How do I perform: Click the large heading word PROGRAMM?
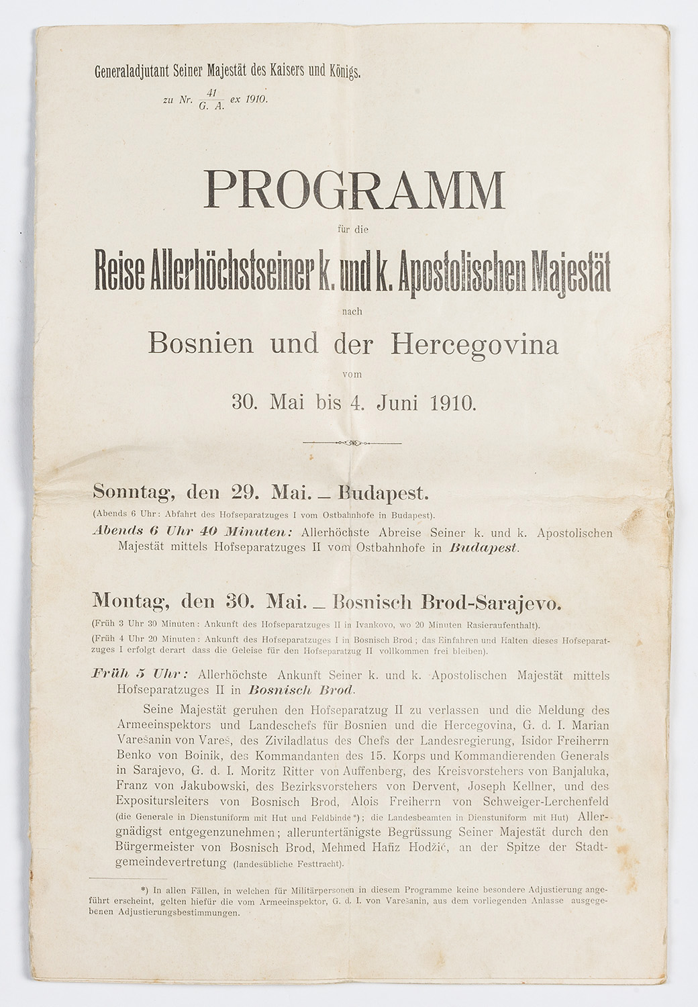(x=354, y=191)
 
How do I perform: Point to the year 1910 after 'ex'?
(x=256, y=99)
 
